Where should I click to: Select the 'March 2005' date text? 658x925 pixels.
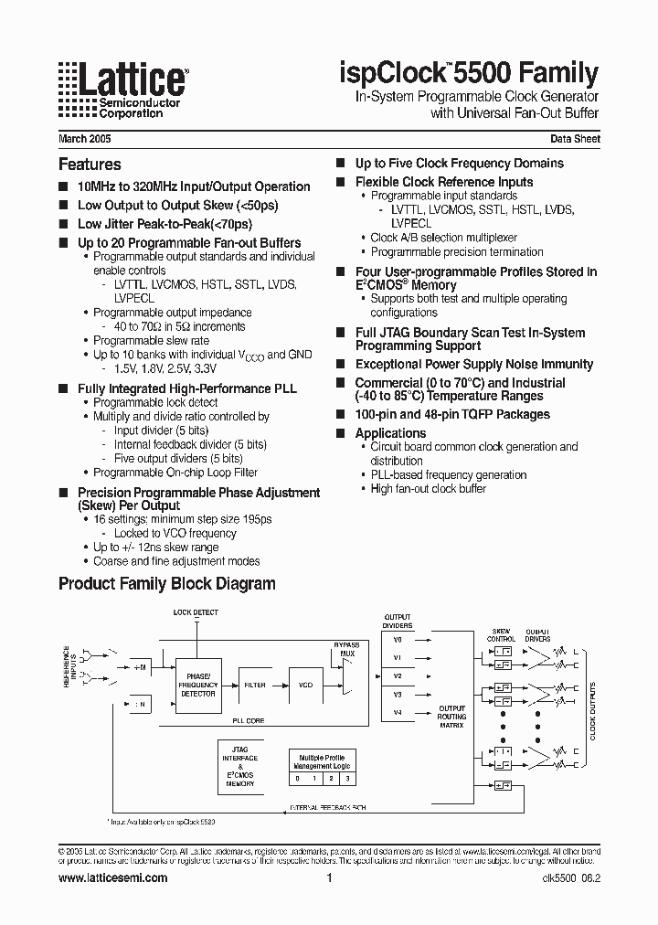(85, 139)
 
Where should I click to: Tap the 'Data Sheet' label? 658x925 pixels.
(575, 139)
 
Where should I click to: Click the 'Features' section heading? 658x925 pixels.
(90, 165)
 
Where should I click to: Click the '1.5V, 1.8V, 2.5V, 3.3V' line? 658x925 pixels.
(166, 367)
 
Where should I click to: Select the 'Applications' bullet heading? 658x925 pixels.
(390, 433)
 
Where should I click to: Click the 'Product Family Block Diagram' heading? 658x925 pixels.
(166, 583)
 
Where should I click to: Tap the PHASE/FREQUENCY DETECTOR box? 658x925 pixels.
(197, 685)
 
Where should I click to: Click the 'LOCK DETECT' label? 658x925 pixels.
(196, 612)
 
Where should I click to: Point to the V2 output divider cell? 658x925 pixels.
(398, 675)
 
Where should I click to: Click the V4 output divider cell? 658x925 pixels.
(398, 712)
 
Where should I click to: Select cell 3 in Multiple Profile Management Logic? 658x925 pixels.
(347, 778)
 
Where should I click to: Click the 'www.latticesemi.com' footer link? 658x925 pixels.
(112, 877)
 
